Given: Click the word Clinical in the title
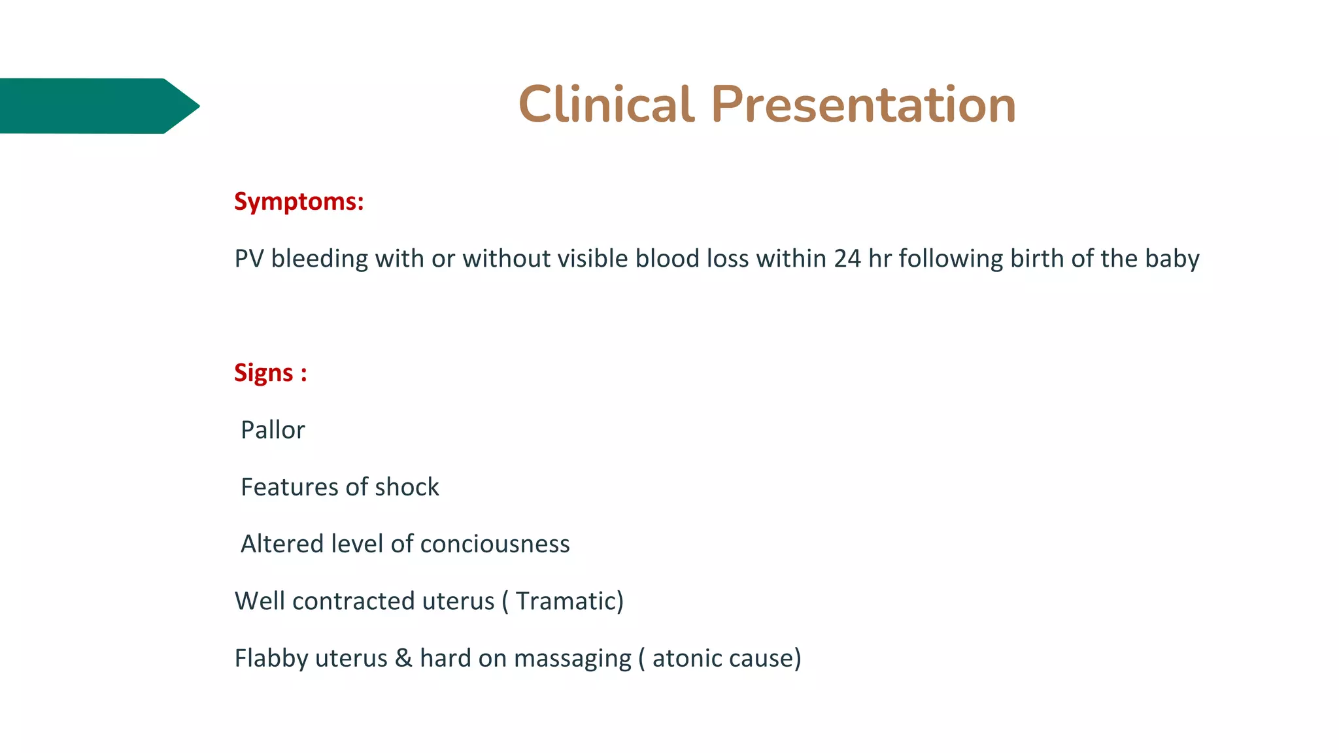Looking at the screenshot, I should click(x=605, y=105).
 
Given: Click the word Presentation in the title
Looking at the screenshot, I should click(x=863, y=105).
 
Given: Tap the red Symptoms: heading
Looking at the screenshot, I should click(x=299, y=201).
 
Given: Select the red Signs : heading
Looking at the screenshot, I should click(x=270, y=373).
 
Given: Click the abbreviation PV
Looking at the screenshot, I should click(x=248, y=259).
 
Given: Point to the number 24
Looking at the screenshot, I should click(x=847, y=259).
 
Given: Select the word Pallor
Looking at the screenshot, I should click(x=273, y=430).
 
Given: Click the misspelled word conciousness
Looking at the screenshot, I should click(x=495, y=544).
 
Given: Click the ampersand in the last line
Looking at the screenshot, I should click(x=403, y=658).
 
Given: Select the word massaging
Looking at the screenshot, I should click(x=573, y=658).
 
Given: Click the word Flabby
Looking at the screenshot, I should click(x=271, y=658).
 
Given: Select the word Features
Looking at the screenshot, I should click(x=289, y=487).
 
